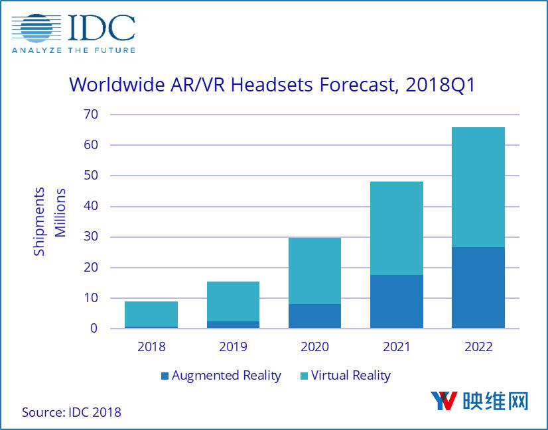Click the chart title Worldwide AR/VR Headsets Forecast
click(x=272, y=85)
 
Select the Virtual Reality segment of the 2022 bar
click(x=478, y=187)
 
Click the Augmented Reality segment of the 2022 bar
click(x=478, y=288)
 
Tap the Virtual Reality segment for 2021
click(x=397, y=228)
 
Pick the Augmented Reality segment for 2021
click(x=397, y=301)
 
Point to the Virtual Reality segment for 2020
click(x=314, y=270)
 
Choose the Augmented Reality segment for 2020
click(x=314, y=316)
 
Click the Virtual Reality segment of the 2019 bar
click(x=233, y=301)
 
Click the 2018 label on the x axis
click(x=151, y=347)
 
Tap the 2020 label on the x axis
click(x=314, y=347)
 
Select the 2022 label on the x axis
click(x=478, y=347)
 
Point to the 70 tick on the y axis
click(x=90, y=115)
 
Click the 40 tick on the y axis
click(x=90, y=206)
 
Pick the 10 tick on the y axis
click(x=90, y=298)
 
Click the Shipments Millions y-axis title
click(x=50, y=221)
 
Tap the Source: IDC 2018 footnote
click(x=72, y=412)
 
